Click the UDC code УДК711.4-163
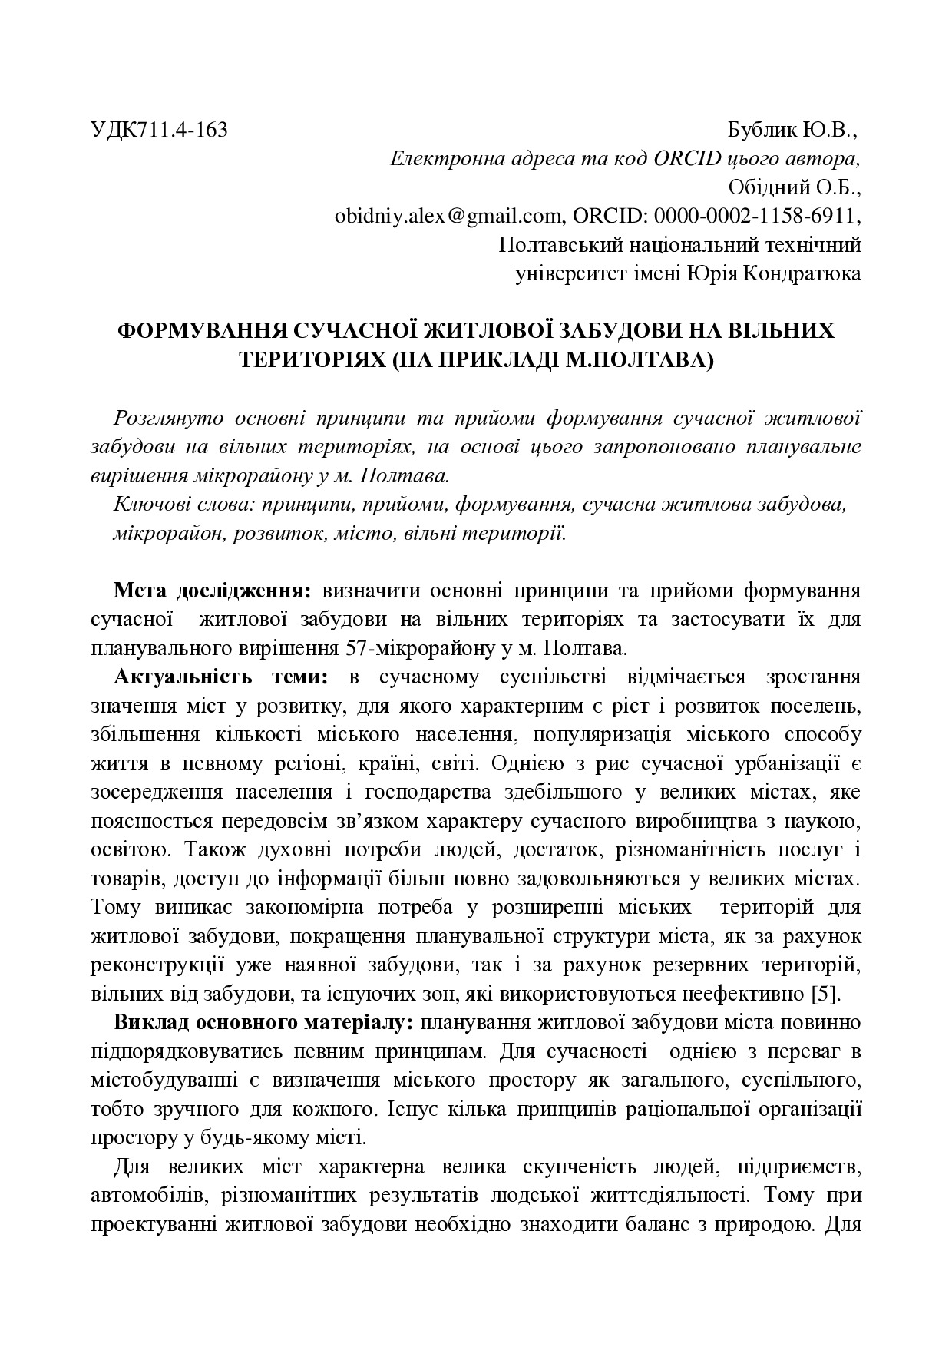click(159, 130)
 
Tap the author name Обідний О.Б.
click(794, 187)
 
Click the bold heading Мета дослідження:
click(213, 591)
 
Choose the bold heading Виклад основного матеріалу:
click(265, 1023)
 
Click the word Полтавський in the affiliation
click(558, 245)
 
